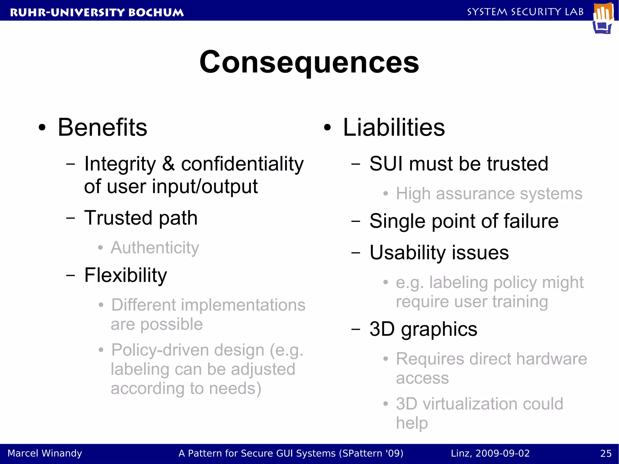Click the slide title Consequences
coord(309,62)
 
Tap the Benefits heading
coord(102,128)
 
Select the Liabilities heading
coord(394,128)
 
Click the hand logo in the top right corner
coord(603,18)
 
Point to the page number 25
coord(606,453)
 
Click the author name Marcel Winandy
coord(45,453)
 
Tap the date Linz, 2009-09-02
coord(490,453)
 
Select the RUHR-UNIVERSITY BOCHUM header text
coord(97,12)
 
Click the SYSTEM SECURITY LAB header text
coord(525,12)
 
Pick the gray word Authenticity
coord(155,248)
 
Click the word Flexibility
coord(125,275)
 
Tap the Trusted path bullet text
coord(141,218)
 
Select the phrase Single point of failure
coord(464,221)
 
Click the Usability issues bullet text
coord(439,252)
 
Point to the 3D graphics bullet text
coord(423,329)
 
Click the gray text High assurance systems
coord(489,194)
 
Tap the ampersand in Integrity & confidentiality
coord(168,164)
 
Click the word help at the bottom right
coord(412,423)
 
